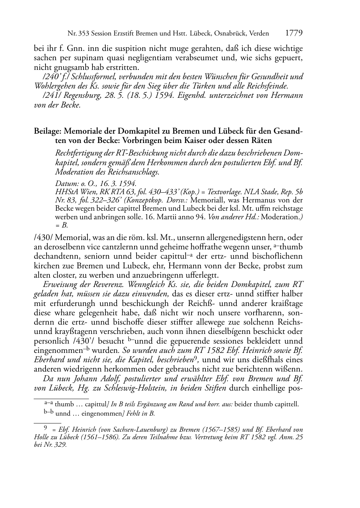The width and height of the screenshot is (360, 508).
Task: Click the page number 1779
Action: pos(294,33)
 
